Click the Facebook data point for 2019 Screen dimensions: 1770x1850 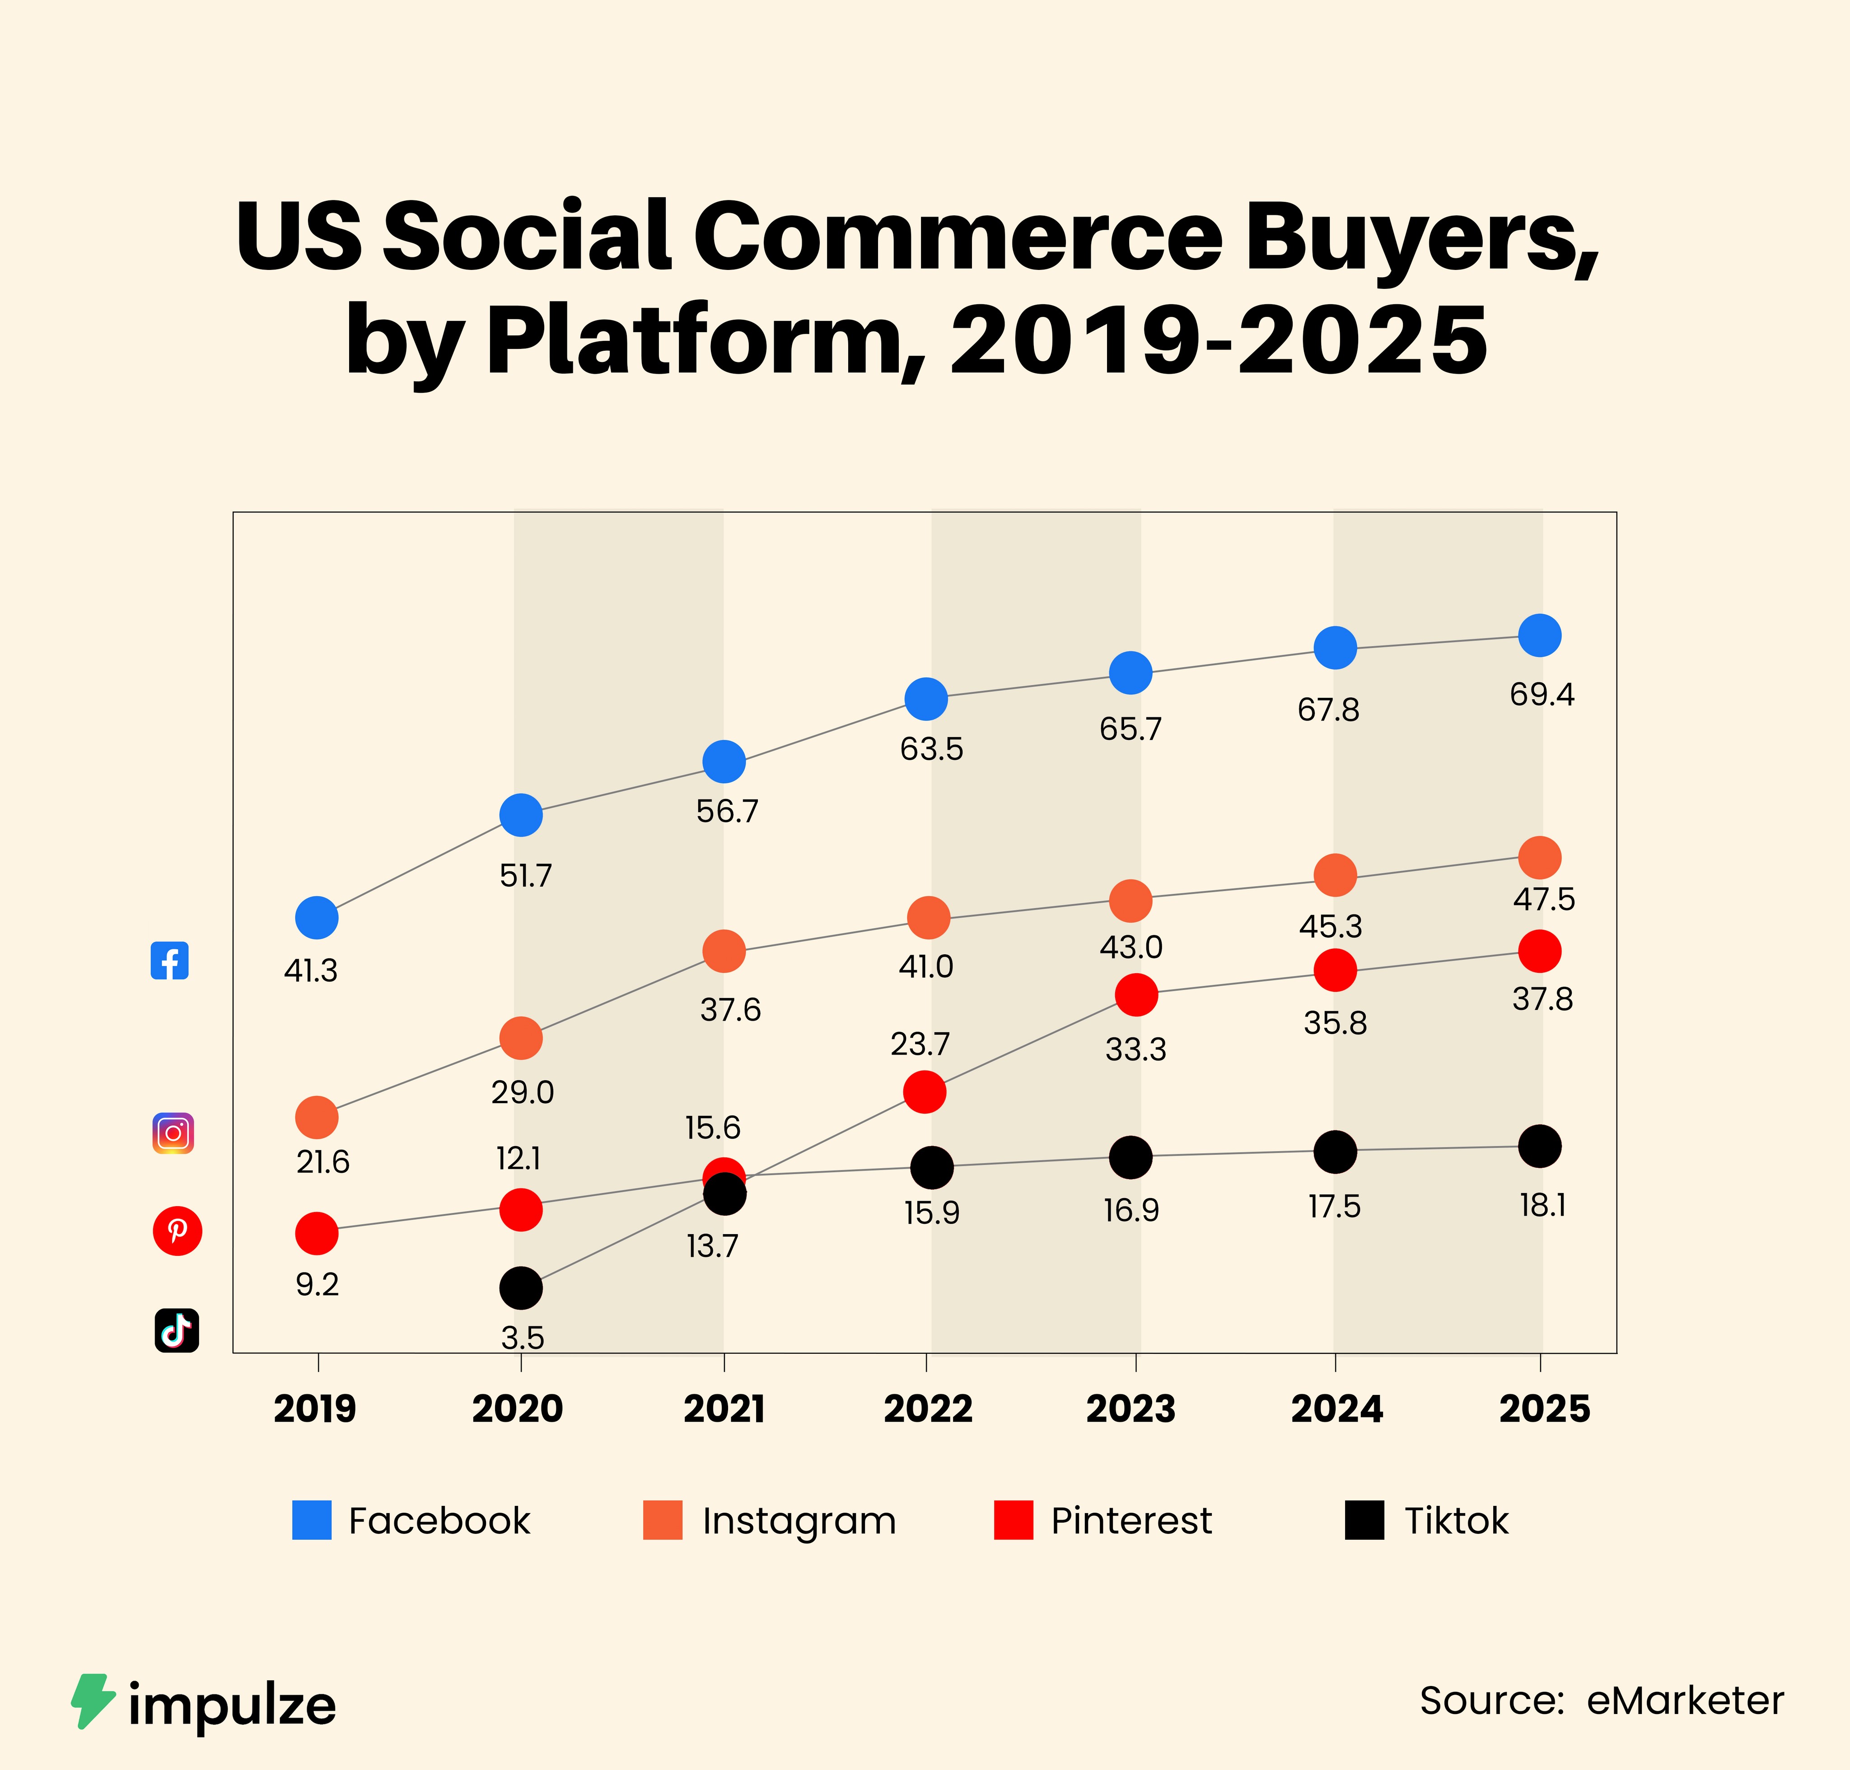[x=317, y=917]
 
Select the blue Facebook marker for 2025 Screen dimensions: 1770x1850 [x=1539, y=635]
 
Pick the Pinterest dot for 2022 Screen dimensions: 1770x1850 [x=924, y=1092]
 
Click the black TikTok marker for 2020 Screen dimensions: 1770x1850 [x=521, y=1287]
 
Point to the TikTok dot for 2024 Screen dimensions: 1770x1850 [x=1336, y=1151]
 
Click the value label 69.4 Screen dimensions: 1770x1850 [x=1542, y=694]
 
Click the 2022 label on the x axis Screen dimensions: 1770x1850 [x=928, y=1408]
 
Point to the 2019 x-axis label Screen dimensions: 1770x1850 [x=315, y=1408]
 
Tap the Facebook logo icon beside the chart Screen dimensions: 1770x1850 [x=170, y=961]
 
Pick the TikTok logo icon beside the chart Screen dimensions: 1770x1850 [x=177, y=1330]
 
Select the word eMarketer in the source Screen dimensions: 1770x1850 [x=1685, y=1700]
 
